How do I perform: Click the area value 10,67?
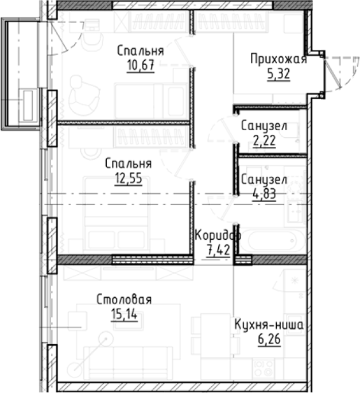[x=141, y=65]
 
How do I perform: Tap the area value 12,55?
[x=129, y=178]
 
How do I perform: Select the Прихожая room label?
[x=278, y=59]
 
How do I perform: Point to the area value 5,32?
[x=278, y=73]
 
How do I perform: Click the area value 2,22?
[x=265, y=141]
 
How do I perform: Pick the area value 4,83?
[x=265, y=194]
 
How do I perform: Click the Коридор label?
[x=218, y=235]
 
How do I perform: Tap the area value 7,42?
[x=218, y=250]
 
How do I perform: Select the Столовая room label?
[x=124, y=299]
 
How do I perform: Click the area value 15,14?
[x=125, y=314]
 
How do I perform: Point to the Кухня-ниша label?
[x=269, y=325]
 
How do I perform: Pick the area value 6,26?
[x=269, y=340]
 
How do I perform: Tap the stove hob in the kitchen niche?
[x=263, y=368]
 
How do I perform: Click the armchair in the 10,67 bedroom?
[x=84, y=96]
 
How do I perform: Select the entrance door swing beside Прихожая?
[x=341, y=73]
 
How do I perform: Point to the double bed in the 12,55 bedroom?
[x=117, y=215]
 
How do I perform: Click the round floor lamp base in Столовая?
[x=106, y=339]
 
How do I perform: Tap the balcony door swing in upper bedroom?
[x=65, y=38]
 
